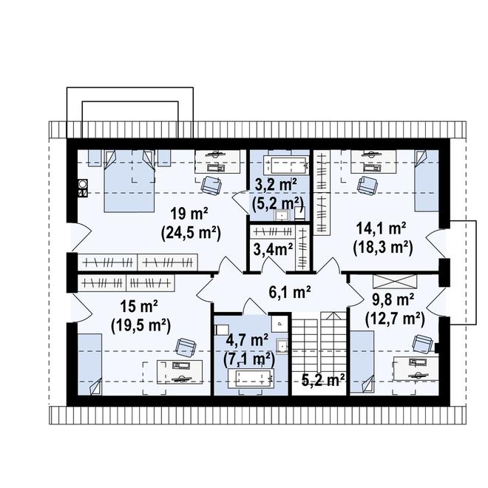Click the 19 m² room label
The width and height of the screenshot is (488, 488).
coord(189,214)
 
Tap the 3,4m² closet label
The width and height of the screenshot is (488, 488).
coord(273,249)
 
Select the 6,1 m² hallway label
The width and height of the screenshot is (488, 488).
coord(289,293)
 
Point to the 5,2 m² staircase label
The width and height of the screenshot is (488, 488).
coord(323,379)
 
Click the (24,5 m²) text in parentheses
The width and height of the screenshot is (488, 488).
coord(191,232)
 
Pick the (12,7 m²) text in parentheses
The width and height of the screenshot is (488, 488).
coord(395,319)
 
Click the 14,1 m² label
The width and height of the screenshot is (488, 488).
coord(381,229)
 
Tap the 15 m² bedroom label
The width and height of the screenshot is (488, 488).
coord(139,307)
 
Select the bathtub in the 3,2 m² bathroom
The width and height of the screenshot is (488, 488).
coord(285,166)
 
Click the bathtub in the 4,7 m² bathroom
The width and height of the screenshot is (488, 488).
coord(251,378)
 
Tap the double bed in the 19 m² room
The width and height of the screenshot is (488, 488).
coord(129,181)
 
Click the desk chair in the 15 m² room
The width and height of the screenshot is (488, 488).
coord(186,347)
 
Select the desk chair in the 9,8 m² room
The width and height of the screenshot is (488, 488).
coord(422,343)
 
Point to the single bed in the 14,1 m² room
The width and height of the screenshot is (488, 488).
coord(427,180)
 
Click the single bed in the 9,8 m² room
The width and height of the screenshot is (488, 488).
coord(362,362)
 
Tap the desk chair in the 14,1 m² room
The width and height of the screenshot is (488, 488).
coord(367,186)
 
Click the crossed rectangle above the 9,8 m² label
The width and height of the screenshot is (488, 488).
coord(395,282)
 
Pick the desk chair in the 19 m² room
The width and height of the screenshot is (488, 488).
coord(211,186)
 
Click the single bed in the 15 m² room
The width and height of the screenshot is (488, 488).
coord(90,365)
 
